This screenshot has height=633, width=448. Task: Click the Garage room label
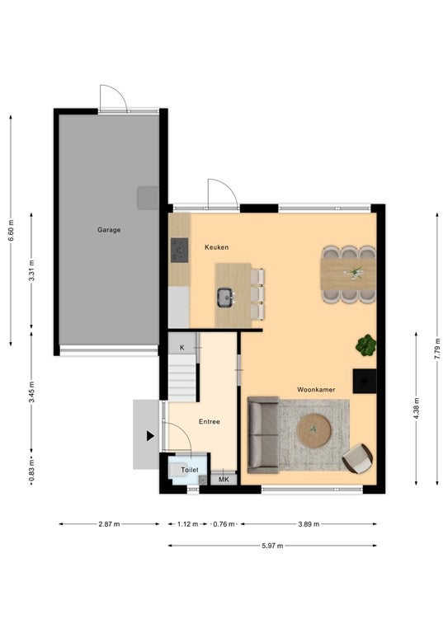[x=109, y=230]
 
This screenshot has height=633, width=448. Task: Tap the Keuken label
[x=216, y=247]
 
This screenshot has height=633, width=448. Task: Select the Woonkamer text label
[x=316, y=390]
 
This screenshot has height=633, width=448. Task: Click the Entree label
[x=210, y=421]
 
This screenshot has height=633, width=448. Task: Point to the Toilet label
[x=190, y=470]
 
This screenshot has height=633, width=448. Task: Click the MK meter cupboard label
[x=224, y=480]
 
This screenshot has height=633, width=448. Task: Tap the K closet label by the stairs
[x=182, y=348]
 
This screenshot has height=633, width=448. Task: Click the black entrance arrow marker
[x=150, y=436]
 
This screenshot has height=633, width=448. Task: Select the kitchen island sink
[x=224, y=297]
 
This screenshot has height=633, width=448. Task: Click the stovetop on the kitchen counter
[x=179, y=251]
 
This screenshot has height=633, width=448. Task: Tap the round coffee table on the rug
[x=314, y=430]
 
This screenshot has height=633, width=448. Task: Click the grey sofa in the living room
[x=263, y=435]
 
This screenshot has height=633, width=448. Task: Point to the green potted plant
[x=366, y=345]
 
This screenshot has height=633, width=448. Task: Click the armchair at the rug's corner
[x=357, y=458]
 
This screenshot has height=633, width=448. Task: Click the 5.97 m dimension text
[x=272, y=546]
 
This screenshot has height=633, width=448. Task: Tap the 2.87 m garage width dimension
[x=109, y=524]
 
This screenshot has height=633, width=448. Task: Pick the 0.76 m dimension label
[x=224, y=524]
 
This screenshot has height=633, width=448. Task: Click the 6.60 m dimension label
[x=11, y=231]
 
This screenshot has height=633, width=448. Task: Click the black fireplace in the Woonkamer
[x=365, y=381]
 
